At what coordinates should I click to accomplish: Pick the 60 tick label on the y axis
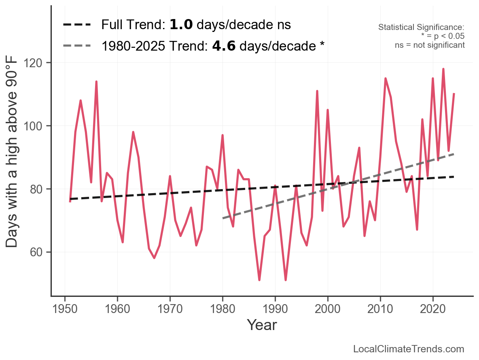pyautogui.click(x=38, y=252)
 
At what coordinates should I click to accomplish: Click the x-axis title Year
pyautogui.click(x=262, y=325)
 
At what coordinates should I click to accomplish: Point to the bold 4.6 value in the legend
pyautogui.click(x=224, y=46)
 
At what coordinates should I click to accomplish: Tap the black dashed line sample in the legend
pyautogui.click(x=77, y=25)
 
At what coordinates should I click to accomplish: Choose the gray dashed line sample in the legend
pyautogui.click(x=77, y=46)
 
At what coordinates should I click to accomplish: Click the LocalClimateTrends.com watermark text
pyautogui.click(x=409, y=349)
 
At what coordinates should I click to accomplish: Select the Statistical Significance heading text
pyautogui.click(x=421, y=27)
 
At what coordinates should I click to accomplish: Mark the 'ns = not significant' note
pyautogui.click(x=430, y=45)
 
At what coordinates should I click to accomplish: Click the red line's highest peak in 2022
pyautogui.click(x=443, y=69)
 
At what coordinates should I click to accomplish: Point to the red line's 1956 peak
pyautogui.click(x=96, y=82)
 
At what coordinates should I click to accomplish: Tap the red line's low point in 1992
pyautogui.click(x=286, y=280)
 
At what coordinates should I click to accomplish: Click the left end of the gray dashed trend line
pyautogui.click(x=223, y=218)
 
